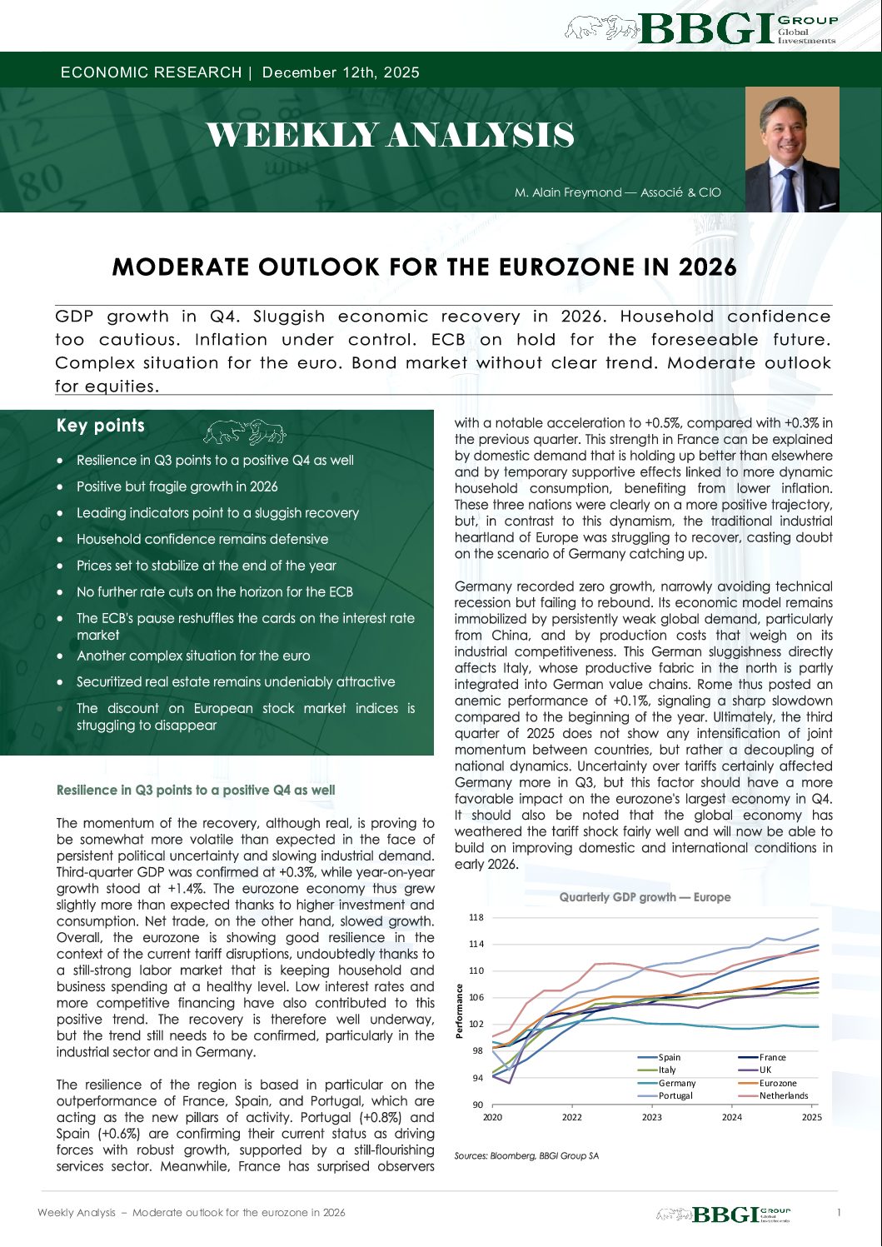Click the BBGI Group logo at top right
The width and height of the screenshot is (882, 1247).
point(701,28)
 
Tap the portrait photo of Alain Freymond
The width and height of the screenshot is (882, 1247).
point(792,149)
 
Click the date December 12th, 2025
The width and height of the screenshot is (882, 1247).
point(341,72)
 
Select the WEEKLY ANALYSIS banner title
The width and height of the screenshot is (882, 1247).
point(390,135)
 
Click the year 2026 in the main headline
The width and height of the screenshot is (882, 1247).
point(707,267)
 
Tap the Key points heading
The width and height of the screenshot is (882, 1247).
point(101,426)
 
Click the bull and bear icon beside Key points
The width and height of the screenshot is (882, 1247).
point(245,431)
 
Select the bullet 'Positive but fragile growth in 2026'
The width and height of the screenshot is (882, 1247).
point(177,486)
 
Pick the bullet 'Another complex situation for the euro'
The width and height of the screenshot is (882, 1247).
point(193,656)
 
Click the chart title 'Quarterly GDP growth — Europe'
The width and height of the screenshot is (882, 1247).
point(645,897)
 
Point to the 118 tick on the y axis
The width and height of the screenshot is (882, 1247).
point(476,917)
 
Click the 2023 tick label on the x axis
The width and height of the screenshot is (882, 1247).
point(651,1117)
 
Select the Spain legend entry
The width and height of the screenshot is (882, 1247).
point(669,1057)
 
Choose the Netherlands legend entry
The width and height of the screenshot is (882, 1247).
point(783,1095)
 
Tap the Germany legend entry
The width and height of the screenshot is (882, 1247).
point(676,1083)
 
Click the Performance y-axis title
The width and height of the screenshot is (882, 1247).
point(459,1010)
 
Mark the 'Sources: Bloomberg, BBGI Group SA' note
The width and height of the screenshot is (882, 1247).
point(526,1155)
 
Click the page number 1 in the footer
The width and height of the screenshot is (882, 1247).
point(839,1212)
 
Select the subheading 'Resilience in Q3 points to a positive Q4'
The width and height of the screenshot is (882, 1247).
point(196,790)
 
